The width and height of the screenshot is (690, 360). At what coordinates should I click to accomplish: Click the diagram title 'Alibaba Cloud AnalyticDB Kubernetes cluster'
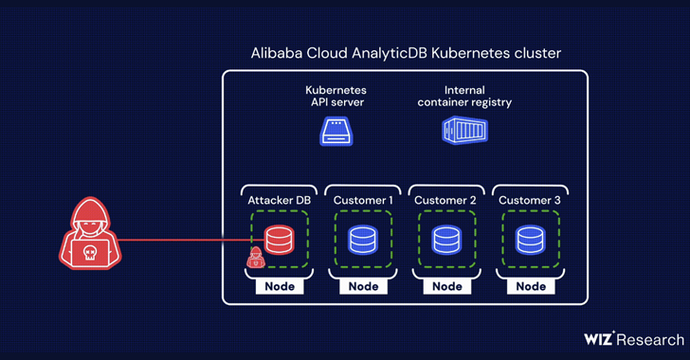click(405, 54)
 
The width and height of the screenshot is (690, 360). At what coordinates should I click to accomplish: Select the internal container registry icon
click(464, 131)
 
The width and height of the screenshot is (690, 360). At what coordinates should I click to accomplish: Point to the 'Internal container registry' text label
click(464, 96)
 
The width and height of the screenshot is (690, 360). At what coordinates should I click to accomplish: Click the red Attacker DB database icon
click(279, 240)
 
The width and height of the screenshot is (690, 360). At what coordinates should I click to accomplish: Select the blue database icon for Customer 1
click(363, 240)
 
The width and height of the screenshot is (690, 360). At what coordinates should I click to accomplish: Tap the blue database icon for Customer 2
click(447, 240)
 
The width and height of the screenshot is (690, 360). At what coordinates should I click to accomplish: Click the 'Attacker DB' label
click(278, 200)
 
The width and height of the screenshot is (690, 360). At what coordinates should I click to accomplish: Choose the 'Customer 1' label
click(363, 200)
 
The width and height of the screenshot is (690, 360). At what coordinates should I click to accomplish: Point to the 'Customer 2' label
click(447, 200)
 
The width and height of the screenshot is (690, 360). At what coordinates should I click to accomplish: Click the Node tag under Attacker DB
click(279, 286)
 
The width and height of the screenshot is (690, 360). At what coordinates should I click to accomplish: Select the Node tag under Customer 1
click(363, 286)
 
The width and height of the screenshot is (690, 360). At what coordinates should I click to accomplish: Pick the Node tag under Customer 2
click(447, 286)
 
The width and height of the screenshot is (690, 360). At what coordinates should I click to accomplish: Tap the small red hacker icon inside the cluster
click(255, 258)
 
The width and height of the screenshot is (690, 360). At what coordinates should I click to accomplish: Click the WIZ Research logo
click(632, 339)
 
